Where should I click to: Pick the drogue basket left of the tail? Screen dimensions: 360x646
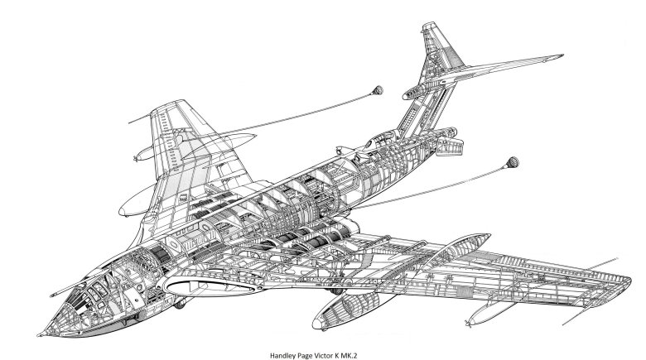tap(377, 89)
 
